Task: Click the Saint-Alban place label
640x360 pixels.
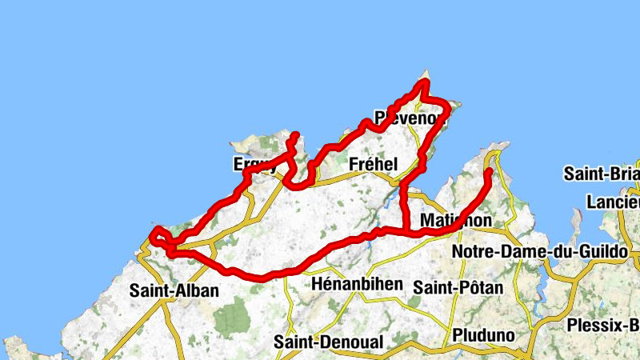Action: pyautogui.click(x=174, y=291)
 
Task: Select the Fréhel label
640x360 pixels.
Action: pyautogui.click(x=374, y=164)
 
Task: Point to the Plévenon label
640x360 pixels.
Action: pyautogui.click(x=409, y=118)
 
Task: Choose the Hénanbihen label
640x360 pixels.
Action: pyautogui.click(x=350, y=284)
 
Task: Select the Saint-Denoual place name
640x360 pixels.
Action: pyautogui.click(x=329, y=342)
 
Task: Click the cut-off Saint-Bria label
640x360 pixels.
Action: pyautogui.click(x=601, y=174)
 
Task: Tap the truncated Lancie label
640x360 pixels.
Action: pyautogui.click(x=612, y=202)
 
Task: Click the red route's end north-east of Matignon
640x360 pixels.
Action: pyautogui.click(x=489, y=170)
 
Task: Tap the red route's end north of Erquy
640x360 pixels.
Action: pyautogui.click(x=295, y=134)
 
